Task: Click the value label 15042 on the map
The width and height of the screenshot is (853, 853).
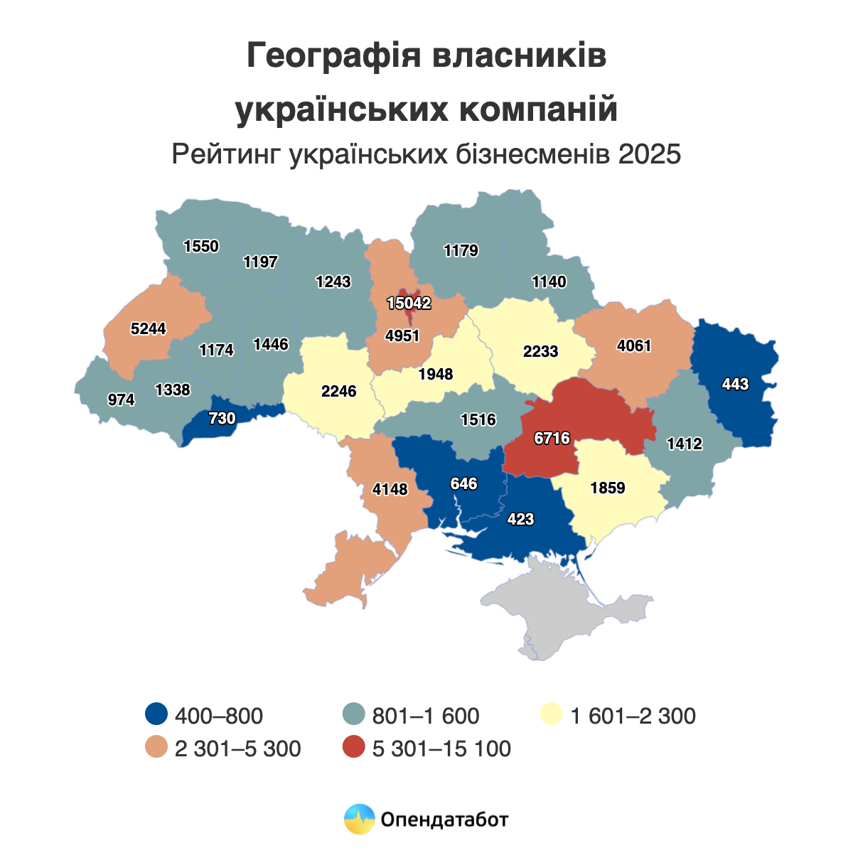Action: click(409, 304)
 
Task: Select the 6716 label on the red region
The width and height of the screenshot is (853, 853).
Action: click(552, 439)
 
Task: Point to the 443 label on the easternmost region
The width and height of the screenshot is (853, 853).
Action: click(735, 385)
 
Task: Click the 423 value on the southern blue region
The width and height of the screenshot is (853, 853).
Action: click(520, 520)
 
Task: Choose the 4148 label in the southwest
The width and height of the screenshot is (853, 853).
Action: click(390, 490)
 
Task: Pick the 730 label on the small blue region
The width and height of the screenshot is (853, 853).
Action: click(222, 419)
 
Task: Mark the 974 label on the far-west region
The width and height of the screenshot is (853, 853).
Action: click(121, 400)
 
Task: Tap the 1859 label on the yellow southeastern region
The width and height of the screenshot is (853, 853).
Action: click(608, 488)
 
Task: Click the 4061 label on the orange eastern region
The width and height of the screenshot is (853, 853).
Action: click(634, 347)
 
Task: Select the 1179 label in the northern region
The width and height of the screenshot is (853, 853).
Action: click(461, 251)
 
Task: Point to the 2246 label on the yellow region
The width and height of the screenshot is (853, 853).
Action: click(338, 392)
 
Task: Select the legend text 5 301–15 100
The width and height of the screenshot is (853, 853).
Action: click(441, 749)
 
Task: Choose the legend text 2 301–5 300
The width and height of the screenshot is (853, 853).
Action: click(237, 749)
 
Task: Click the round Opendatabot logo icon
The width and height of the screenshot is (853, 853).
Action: click(359, 819)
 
